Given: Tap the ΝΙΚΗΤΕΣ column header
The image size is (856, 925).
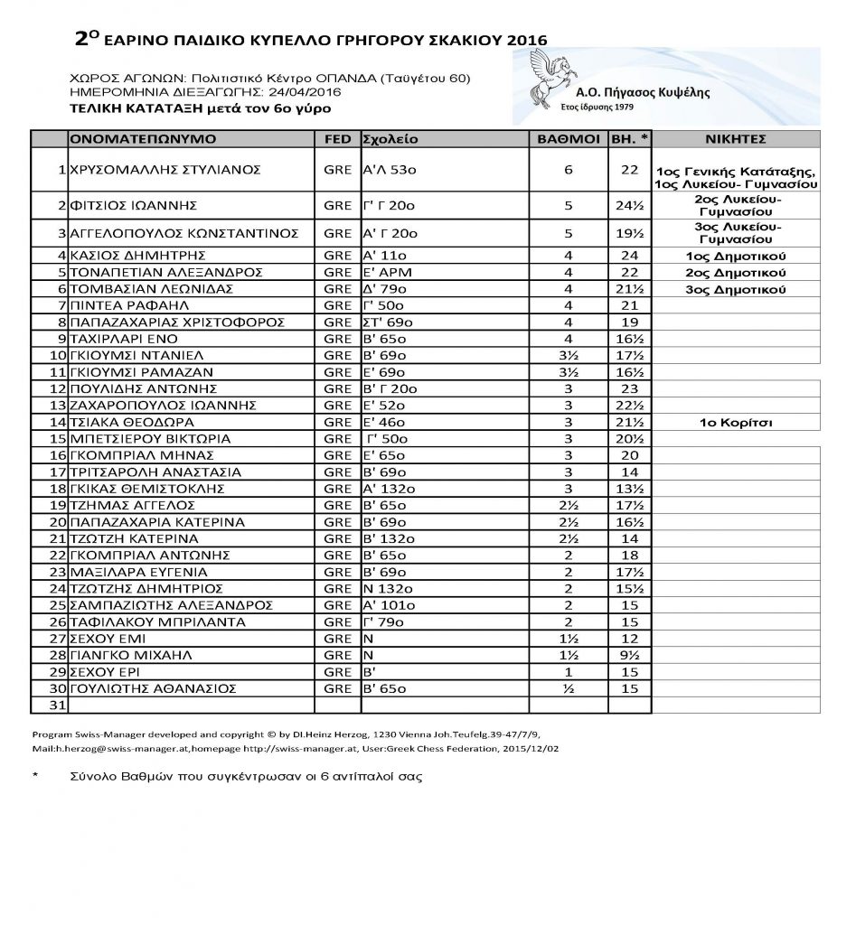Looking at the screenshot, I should pyautogui.click(x=736, y=140).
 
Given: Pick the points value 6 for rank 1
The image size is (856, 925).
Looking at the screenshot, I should pyautogui.click(x=569, y=170).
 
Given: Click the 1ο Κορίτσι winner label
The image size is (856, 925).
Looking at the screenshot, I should pyautogui.click(x=737, y=422).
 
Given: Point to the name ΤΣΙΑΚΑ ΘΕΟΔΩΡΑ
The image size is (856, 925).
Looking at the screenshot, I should pyautogui.click(x=132, y=422).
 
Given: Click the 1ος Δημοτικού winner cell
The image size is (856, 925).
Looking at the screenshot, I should pyautogui.click(x=737, y=255).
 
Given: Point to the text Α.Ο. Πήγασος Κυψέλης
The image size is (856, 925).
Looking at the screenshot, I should pyautogui.click(x=643, y=92).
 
